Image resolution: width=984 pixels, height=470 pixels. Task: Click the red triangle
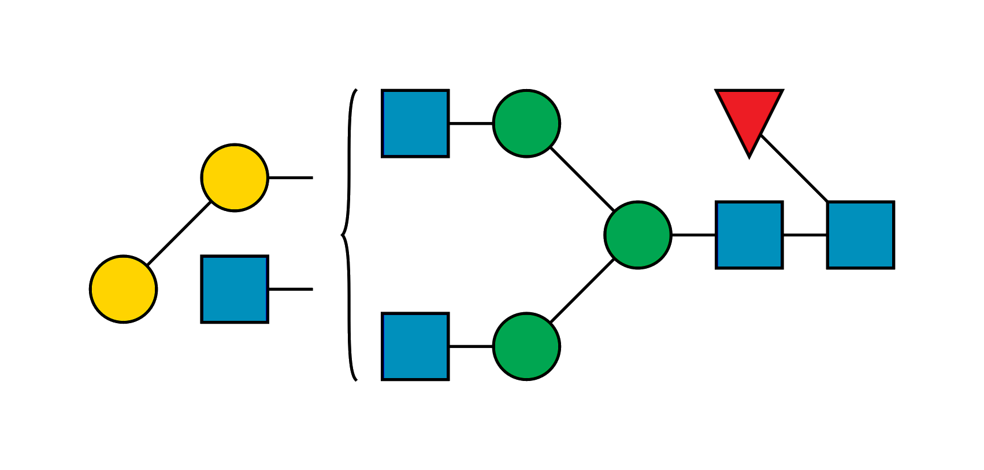(x=749, y=116)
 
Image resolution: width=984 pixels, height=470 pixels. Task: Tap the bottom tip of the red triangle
(x=749, y=155)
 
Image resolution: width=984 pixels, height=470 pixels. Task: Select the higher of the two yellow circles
(x=235, y=177)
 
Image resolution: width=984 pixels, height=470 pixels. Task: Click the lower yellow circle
(x=123, y=289)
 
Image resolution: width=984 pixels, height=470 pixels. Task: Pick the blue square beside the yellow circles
(x=235, y=289)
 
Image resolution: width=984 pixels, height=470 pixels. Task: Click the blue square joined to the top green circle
(x=415, y=123)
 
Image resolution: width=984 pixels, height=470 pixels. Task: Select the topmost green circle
(x=526, y=123)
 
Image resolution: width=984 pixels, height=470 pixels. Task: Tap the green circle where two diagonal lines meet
(x=638, y=235)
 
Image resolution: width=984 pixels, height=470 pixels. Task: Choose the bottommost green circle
(x=526, y=346)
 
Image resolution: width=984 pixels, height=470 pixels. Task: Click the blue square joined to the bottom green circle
(x=415, y=346)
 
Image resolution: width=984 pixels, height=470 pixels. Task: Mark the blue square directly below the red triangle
(x=749, y=235)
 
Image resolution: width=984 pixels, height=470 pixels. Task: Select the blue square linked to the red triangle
(x=860, y=235)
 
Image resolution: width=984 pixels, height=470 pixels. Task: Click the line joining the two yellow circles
(x=178, y=234)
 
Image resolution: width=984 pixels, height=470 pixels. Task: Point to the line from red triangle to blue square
(x=794, y=168)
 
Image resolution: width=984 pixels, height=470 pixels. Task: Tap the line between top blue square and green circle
(x=471, y=124)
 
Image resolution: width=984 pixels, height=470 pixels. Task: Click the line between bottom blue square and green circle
(x=471, y=345)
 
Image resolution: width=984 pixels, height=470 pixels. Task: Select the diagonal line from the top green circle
(x=582, y=179)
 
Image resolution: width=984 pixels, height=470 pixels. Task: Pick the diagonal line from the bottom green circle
(x=582, y=291)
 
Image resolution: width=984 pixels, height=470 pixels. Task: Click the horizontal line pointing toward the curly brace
(x=291, y=288)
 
